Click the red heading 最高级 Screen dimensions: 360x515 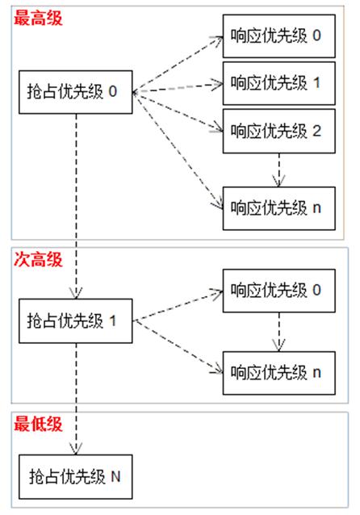click(38, 18)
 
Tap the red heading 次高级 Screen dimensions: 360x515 click(38, 259)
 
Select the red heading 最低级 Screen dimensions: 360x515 click(38, 423)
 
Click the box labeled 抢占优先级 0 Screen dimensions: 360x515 click(76, 92)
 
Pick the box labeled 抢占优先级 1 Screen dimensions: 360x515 click(76, 321)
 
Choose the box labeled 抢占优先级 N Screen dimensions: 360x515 click(76, 477)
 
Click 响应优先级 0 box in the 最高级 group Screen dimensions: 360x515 click(278, 36)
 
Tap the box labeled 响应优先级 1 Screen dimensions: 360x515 click(278, 83)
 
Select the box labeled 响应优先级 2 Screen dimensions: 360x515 click(278, 131)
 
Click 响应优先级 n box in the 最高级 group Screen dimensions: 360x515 click(278, 208)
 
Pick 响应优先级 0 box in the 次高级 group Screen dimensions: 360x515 click(278, 291)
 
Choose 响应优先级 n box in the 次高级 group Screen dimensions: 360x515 click(278, 373)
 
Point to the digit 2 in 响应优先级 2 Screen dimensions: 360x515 click(316, 131)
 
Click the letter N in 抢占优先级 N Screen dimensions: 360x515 click(115, 476)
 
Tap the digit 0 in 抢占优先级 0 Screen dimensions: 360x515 click(113, 92)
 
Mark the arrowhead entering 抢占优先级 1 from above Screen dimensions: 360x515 click(76, 293)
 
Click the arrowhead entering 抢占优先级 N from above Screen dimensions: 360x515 click(76, 449)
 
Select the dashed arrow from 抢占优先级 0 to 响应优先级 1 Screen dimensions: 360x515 click(178, 88)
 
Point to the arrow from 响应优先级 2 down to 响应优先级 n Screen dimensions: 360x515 click(278, 170)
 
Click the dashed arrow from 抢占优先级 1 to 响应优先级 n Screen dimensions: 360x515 click(178, 346)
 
